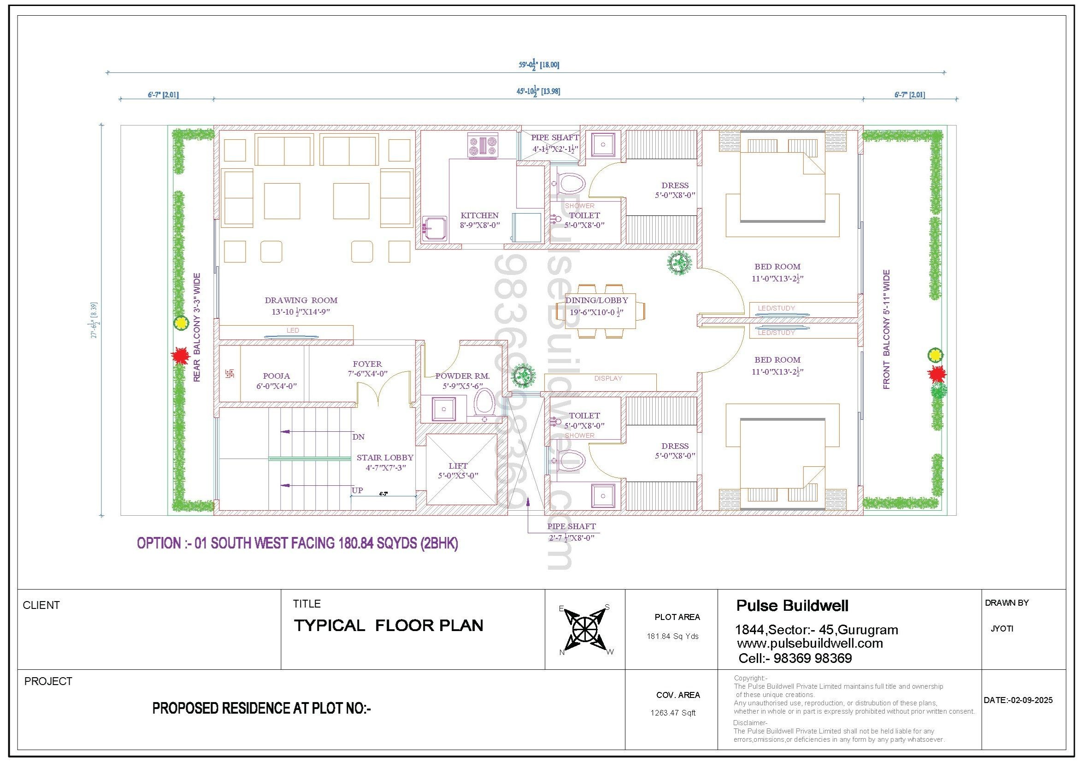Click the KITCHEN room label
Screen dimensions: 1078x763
click(x=479, y=215)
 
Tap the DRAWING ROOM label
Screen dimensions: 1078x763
click(x=301, y=300)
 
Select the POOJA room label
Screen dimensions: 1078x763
click(x=276, y=376)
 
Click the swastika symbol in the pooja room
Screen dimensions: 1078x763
click(x=230, y=374)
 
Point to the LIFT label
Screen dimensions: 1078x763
click(x=458, y=465)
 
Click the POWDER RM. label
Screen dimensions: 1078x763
click(x=462, y=376)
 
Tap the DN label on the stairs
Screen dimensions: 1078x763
click(x=358, y=437)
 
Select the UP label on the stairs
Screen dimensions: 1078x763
click(x=357, y=490)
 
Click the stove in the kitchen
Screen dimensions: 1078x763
click(x=482, y=146)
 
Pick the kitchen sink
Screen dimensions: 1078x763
click(x=434, y=229)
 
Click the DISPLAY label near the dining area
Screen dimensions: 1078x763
click(x=608, y=378)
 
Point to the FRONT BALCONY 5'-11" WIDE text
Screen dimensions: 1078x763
click(x=886, y=329)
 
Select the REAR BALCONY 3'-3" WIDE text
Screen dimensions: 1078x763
click(x=197, y=328)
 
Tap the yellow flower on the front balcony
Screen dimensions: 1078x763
click(x=935, y=355)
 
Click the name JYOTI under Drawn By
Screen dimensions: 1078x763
click(x=1002, y=629)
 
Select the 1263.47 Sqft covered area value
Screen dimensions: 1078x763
click(x=673, y=713)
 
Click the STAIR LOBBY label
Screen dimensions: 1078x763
click(x=385, y=458)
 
